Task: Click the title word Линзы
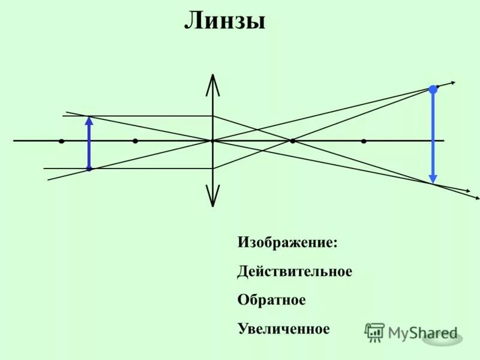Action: point(224,22)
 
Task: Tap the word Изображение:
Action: point(287,243)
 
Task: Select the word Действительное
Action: point(295,272)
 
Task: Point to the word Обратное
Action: point(271,300)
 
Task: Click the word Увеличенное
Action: point(284,329)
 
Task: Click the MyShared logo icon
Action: point(374,332)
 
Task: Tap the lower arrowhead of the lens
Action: point(212,198)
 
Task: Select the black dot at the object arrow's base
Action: point(89,169)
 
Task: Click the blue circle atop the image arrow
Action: point(433,89)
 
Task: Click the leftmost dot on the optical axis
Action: point(62,141)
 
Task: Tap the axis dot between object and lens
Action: point(135,141)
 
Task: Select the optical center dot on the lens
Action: point(212,141)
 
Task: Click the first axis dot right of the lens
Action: point(292,141)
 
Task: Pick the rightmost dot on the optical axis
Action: point(364,141)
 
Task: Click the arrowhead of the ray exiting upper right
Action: point(453,83)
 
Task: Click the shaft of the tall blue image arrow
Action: point(433,135)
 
